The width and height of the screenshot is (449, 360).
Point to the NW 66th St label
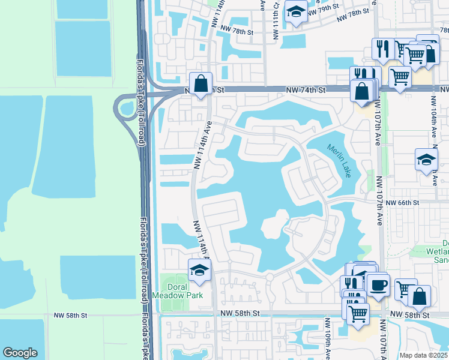tap(402, 203)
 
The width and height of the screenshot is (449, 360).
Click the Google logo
tap(20, 353)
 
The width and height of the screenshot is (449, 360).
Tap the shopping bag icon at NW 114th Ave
tap(200, 83)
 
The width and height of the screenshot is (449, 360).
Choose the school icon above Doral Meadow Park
tap(199, 270)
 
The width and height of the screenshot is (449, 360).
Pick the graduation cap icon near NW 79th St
tap(295, 11)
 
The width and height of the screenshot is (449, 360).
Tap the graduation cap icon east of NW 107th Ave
tap(426, 160)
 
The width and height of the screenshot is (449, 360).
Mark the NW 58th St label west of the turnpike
tap(70, 314)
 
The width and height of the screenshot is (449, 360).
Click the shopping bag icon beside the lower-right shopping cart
tap(420, 296)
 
